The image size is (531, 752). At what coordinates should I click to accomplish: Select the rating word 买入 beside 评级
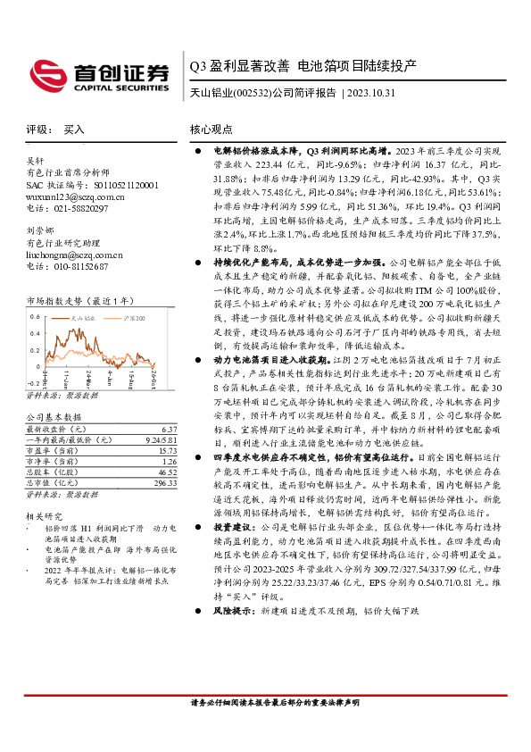(x=74, y=130)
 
